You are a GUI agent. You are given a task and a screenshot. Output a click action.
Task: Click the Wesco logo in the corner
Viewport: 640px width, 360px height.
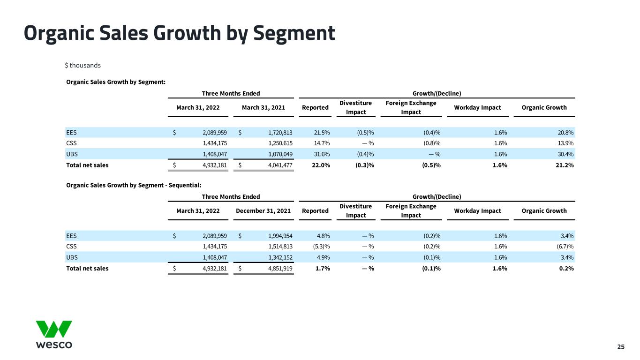[x=54, y=334]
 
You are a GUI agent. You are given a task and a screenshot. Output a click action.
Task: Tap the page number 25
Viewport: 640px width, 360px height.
[x=621, y=347]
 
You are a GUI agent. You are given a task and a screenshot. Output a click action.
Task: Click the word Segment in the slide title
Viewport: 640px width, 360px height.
[x=294, y=33]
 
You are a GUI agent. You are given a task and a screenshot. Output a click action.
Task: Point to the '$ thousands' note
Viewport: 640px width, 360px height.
[x=83, y=66]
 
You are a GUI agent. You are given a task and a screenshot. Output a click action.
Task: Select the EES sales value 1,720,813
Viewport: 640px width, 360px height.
[x=280, y=133]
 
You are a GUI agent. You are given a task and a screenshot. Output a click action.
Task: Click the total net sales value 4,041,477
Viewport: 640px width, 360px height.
[x=280, y=165]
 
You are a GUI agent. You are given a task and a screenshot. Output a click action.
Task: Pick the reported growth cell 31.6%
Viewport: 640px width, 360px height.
[x=322, y=154]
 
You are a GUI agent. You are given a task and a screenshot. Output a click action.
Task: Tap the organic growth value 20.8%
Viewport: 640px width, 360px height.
[x=565, y=133]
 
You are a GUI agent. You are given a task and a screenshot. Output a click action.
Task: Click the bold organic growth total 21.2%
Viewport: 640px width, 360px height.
[x=565, y=165]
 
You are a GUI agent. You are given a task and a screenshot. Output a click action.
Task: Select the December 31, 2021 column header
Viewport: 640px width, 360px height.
[x=263, y=211]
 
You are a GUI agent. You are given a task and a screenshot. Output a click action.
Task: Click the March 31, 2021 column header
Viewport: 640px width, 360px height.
[x=264, y=108]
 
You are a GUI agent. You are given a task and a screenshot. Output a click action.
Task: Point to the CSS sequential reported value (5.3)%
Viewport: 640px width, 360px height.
[x=322, y=246]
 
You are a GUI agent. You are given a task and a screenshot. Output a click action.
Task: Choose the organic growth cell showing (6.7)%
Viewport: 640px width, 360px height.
[x=565, y=246]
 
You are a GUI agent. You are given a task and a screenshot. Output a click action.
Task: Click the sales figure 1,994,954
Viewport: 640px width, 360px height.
[x=280, y=236]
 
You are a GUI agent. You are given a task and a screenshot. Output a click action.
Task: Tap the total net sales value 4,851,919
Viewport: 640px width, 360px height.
[x=280, y=269]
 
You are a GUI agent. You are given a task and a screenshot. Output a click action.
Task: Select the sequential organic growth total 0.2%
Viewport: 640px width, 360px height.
[x=566, y=269]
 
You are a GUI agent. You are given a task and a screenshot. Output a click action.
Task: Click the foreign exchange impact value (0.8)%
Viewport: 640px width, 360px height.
[x=432, y=143]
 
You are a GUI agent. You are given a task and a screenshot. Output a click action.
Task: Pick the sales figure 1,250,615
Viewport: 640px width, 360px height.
[x=280, y=143]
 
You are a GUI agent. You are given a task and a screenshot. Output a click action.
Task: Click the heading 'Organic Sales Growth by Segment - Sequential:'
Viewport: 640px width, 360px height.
[x=134, y=185]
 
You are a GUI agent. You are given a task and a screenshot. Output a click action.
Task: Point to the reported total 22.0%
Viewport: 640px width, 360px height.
[x=321, y=165]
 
